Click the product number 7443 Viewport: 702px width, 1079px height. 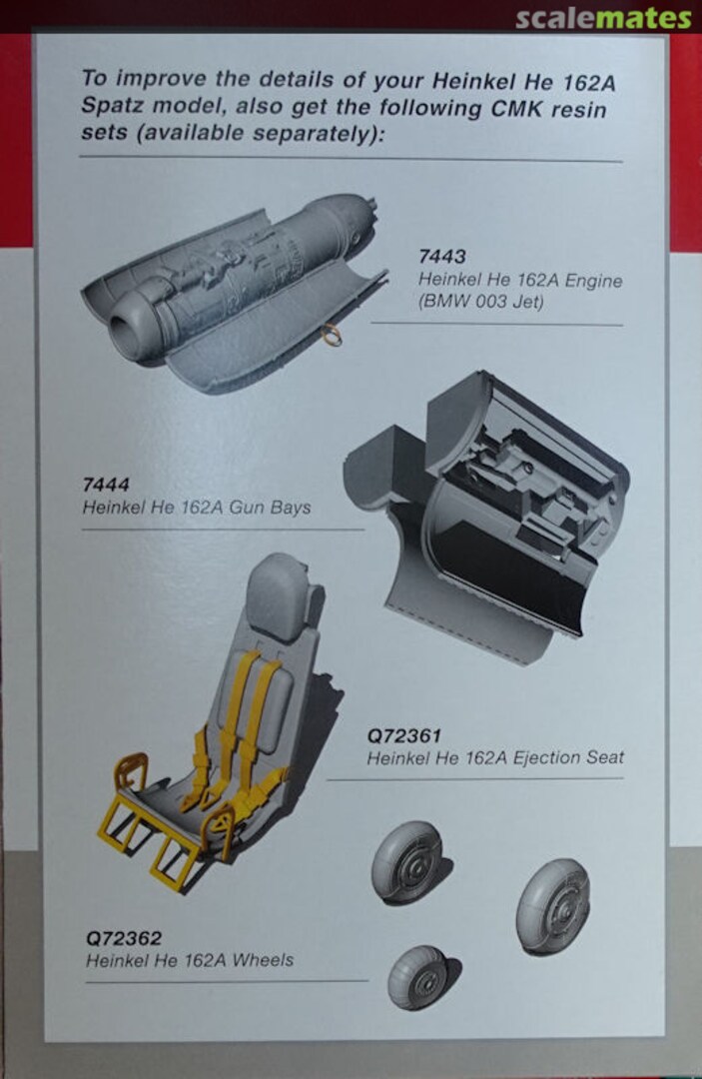[x=442, y=257]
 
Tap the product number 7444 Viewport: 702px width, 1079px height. [x=105, y=486]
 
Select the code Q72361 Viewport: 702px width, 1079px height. [x=403, y=736]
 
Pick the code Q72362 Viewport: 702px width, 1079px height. [x=124, y=938]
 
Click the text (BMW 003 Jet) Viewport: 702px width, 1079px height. [x=480, y=302]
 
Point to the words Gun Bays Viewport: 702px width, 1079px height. [x=271, y=508]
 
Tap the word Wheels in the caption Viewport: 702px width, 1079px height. [x=263, y=960]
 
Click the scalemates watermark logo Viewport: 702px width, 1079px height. [x=603, y=19]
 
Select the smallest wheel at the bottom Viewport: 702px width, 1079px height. [x=420, y=977]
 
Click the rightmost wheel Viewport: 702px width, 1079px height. [x=553, y=905]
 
